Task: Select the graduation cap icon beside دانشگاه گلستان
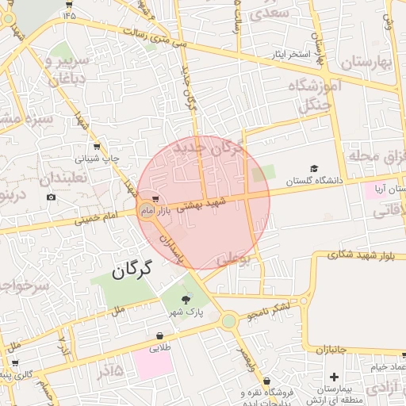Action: point(314,169)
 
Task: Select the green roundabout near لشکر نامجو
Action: point(229,321)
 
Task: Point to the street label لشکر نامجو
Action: point(270,309)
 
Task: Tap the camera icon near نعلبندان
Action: point(52,197)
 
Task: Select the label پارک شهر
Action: point(186,312)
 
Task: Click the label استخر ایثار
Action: point(289,55)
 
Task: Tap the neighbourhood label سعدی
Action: point(270,13)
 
